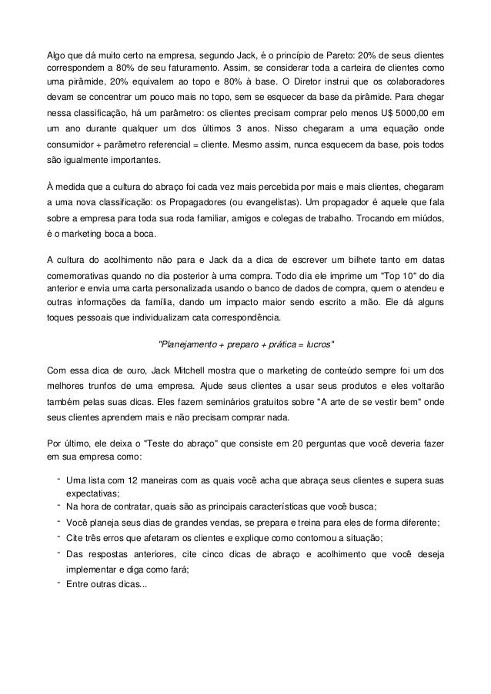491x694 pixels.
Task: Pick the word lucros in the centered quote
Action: tap(316, 343)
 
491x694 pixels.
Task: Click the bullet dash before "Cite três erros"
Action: tap(58, 536)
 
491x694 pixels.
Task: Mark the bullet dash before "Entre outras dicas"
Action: tap(58, 582)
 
